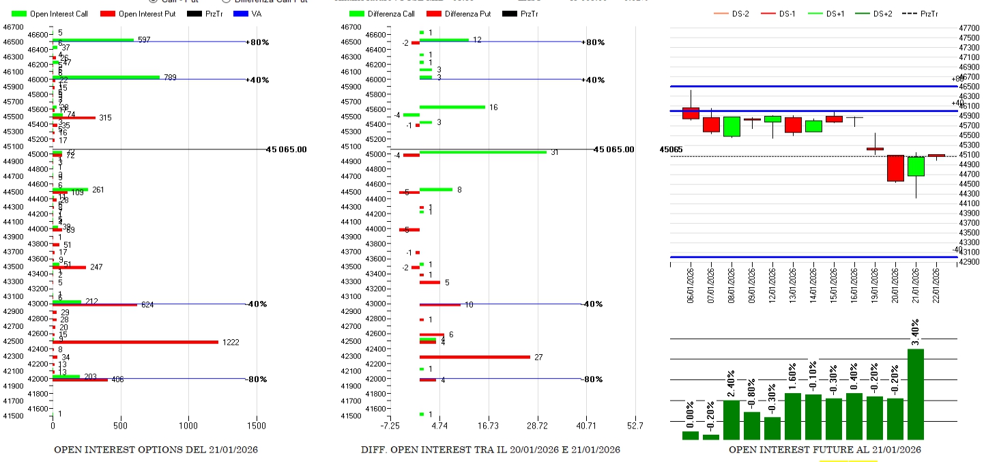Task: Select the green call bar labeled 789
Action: coord(106,77)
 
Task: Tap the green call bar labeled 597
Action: coord(93,40)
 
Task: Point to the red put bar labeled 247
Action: coord(69,268)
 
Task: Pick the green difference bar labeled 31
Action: coord(482,151)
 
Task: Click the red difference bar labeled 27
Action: coord(474,357)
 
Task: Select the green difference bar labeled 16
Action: coord(452,107)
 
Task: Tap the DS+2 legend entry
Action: coord(875,14)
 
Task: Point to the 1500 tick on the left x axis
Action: coord(257,426)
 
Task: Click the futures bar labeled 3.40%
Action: coord(915,394)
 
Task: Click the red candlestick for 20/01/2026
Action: coord(895,168)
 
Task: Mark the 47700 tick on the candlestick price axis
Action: coord(969,28)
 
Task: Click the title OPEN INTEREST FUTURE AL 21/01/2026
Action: coord(824,450)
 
